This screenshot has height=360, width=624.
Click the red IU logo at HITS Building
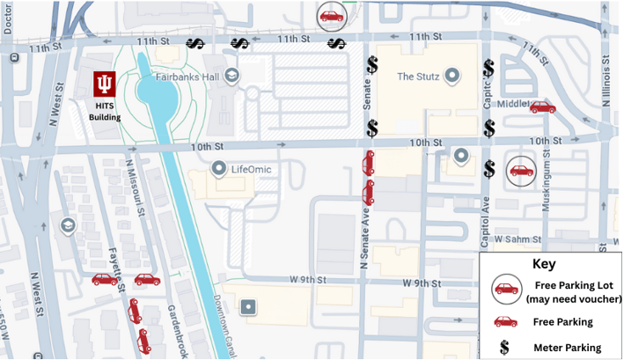click(x=105, y=84)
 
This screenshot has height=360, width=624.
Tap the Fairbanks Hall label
click(x=188, y=76)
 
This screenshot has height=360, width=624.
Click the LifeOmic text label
click(x=253, y=167)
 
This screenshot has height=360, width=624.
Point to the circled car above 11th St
click(x=331, y=16)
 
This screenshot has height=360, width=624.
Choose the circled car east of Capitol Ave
click(x=521, y=171)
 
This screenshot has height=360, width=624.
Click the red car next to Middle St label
click(x=542, y=107)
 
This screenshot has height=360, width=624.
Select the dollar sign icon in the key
click(x=504, y=348)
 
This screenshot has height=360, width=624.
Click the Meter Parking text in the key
click(x=567, y=349)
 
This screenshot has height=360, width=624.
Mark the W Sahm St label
click(x=515, y=239)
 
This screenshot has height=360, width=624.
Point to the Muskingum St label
click(x=547, y=185)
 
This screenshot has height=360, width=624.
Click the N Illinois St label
click(x=606, y=79)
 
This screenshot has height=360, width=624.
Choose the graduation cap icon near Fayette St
click(x=66, y=226)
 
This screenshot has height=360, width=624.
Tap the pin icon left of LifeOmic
click(x=219, y=167)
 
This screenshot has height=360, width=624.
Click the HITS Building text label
click(x=105, y=111)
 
